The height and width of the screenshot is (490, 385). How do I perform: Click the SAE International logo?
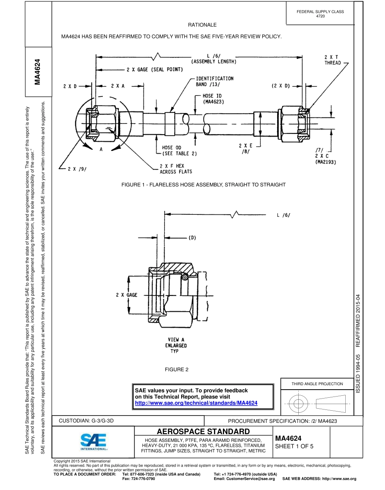pos(93,442)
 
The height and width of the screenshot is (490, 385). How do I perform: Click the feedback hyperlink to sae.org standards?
pos(196,403)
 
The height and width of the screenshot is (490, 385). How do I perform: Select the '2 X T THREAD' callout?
pos(332,60)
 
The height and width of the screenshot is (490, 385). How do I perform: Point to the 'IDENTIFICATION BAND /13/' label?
pos(214,81)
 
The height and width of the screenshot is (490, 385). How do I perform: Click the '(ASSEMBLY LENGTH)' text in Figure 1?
pos(214,62)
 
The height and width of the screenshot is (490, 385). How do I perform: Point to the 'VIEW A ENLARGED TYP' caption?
pos(176,346)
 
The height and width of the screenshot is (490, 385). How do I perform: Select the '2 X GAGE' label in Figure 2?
pos(126,295)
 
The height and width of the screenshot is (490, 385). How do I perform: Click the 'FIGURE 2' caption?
pos(177,369)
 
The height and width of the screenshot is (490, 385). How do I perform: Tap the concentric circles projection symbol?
pos(298,403)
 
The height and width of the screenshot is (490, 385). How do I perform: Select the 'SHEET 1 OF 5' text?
pos(294,446)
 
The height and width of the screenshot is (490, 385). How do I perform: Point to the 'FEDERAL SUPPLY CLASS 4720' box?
pos(320,14)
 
